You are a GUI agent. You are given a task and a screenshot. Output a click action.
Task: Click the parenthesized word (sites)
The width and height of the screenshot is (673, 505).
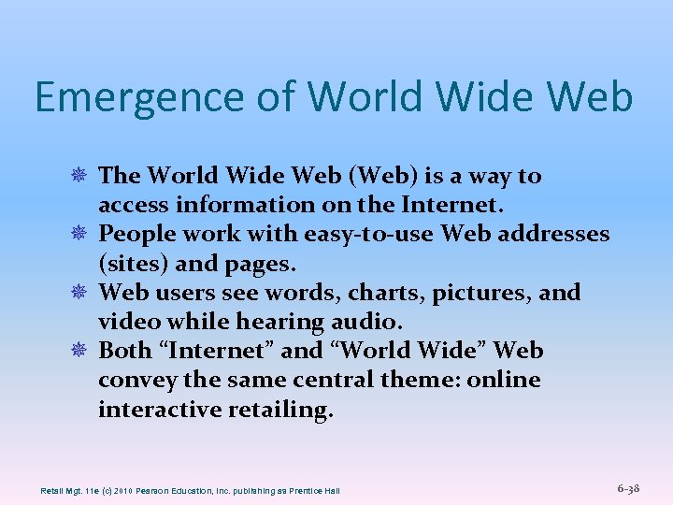pyautogui.click(x=128, y=263)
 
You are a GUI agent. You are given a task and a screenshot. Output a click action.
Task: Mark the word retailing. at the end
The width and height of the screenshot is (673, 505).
pyautogui.click(x=279, y=410)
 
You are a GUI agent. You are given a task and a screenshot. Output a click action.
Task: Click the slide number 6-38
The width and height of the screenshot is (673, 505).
pyautogui.click(x=628, y=489)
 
